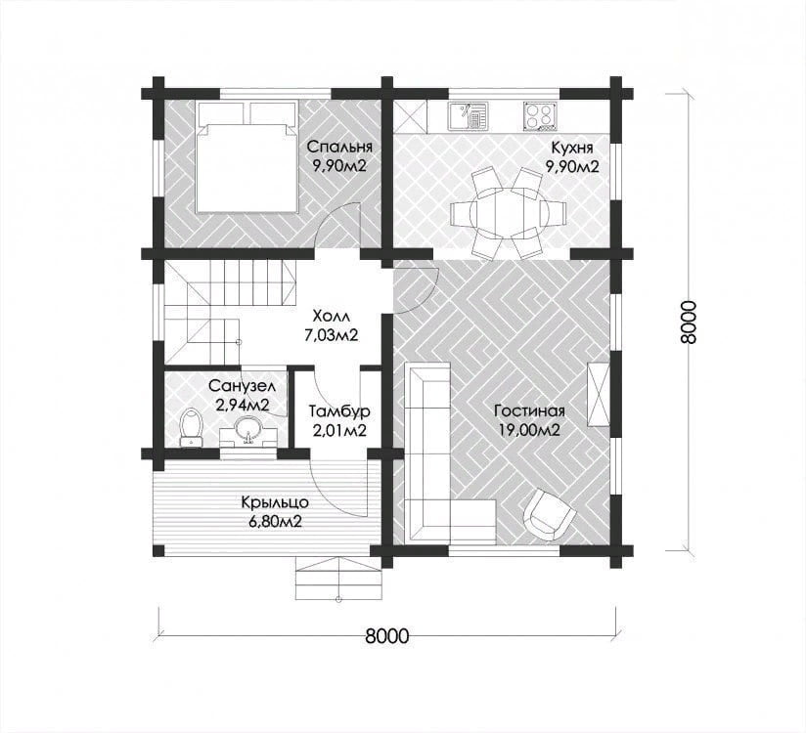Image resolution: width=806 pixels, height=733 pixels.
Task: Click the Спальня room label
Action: point(338,148)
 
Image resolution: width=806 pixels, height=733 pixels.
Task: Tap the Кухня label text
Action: point(571,148)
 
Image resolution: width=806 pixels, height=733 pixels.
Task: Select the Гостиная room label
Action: point(529,410)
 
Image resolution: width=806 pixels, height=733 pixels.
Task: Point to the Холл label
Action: point(331,316)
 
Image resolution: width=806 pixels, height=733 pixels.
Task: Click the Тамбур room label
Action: point(339,411)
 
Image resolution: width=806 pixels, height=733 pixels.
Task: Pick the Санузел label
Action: point(243,386)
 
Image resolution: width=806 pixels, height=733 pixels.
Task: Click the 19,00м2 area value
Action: point(529,430)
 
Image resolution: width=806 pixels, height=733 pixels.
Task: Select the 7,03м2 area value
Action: point(331,335)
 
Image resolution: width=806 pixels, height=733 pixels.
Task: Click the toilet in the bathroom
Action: point(191,427)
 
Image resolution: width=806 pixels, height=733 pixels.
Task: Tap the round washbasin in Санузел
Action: point(248,429)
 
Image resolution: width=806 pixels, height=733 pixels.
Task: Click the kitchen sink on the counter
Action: point(467,115)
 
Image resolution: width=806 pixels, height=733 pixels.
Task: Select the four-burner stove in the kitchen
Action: point(540,115)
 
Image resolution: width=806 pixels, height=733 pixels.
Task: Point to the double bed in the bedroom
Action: point(246,156)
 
